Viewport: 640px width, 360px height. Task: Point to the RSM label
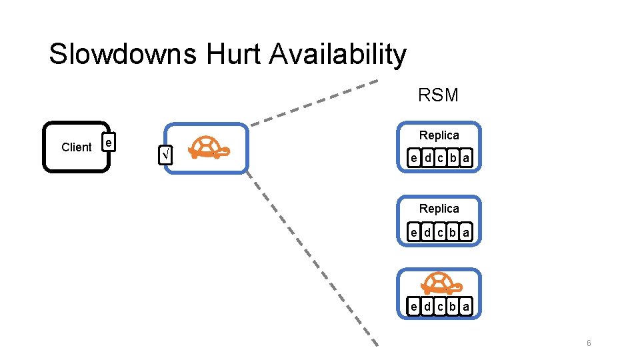(438, 95)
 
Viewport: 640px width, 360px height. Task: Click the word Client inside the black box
(76, 147)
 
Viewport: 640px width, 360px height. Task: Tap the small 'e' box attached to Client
(109, 142)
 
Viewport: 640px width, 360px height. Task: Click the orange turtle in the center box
(209, 147)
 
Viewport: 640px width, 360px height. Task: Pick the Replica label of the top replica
(439, 135)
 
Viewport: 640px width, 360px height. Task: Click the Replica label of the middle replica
(439, 209)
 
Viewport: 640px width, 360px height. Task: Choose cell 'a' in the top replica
(465, 159)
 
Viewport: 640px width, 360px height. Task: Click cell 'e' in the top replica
(414, 159)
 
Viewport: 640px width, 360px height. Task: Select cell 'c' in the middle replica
(440, 232)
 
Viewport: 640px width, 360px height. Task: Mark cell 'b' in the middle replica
(453, 232)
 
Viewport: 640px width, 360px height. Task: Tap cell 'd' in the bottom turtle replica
(427, 306)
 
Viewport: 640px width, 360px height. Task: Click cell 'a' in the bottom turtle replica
(465, 306)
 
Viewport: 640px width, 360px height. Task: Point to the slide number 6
(589, 343)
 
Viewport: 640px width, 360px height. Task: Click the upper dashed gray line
(313, 103)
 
